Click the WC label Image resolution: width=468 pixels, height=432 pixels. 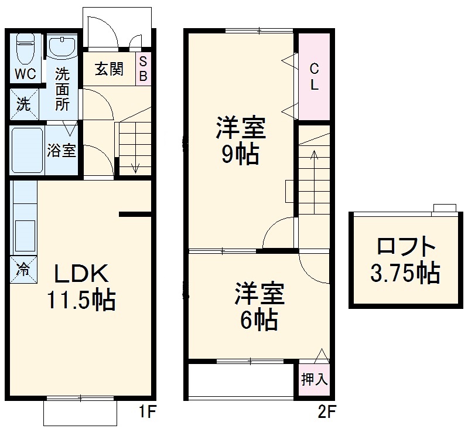pos(25,74)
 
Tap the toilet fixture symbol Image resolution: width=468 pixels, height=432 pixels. pos(25,49)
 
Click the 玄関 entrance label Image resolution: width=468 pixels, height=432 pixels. pos(109,69)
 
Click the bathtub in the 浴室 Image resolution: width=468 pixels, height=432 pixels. pos(26,149)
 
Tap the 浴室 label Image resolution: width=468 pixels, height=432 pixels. pos(62,150)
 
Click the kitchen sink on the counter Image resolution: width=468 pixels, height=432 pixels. pos(25,234)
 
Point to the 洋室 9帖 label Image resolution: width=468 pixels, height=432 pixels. pos(240,141)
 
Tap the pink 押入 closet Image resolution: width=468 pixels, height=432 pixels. pos(315,380)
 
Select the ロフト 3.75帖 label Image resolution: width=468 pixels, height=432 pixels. pos(405,259)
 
